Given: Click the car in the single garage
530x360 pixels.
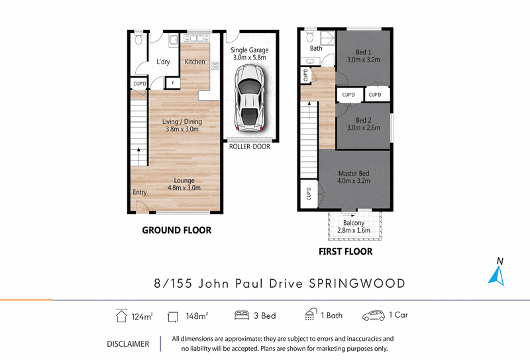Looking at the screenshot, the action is (250, 97).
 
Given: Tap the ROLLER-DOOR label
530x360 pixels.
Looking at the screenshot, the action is (250, 147).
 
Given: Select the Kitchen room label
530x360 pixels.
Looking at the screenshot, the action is (195, 62).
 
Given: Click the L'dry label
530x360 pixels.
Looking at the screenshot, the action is (163, 62).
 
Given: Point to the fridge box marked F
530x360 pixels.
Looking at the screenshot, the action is (173, 83).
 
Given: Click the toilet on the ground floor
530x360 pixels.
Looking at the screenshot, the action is (138, 38).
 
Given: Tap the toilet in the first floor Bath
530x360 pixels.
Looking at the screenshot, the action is (310, 36).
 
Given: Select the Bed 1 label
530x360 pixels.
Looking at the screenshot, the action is (363, 52).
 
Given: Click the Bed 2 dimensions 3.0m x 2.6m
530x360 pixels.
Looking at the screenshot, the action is (363, 127).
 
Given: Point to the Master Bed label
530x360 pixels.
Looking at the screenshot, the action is (354, 173).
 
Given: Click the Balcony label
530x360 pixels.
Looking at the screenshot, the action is (354, 223).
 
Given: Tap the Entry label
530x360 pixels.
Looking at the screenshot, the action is (140, 192).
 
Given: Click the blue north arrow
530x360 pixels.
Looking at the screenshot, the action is (497, 275).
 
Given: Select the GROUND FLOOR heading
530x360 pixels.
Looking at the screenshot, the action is (176, 230).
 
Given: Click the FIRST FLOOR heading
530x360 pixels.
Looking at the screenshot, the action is (345, 251).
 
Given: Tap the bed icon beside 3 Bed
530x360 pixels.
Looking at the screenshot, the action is (242, 316).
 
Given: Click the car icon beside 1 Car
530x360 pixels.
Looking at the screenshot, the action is (374, 316).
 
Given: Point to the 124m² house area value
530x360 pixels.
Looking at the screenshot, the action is (142, 317).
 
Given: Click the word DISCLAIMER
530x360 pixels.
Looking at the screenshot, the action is (128, 344).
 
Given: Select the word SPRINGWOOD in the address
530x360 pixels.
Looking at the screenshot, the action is (357, 284).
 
